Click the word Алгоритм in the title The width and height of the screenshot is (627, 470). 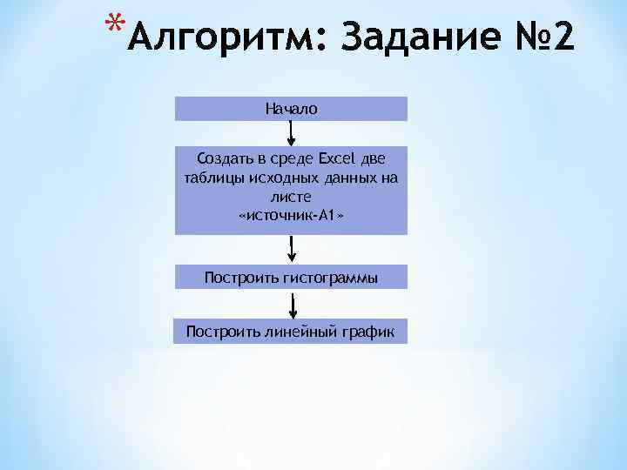coord(224,39)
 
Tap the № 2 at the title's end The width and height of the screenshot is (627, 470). coord(543,39)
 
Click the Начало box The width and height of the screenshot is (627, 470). coord(292,109)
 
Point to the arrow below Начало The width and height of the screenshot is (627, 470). coord(292,132)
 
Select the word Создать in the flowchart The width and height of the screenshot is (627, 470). coord(221,159)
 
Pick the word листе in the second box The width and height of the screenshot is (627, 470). coord(292,197)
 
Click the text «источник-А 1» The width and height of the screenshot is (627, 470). coord(292,215)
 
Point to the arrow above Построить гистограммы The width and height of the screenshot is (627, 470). coord(293,249)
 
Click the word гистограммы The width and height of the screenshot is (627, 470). coord(330,278)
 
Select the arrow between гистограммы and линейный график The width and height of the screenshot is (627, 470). coord(293,306)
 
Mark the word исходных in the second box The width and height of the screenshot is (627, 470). coord(279,178)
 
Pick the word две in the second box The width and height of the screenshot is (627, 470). coord(373,159)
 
